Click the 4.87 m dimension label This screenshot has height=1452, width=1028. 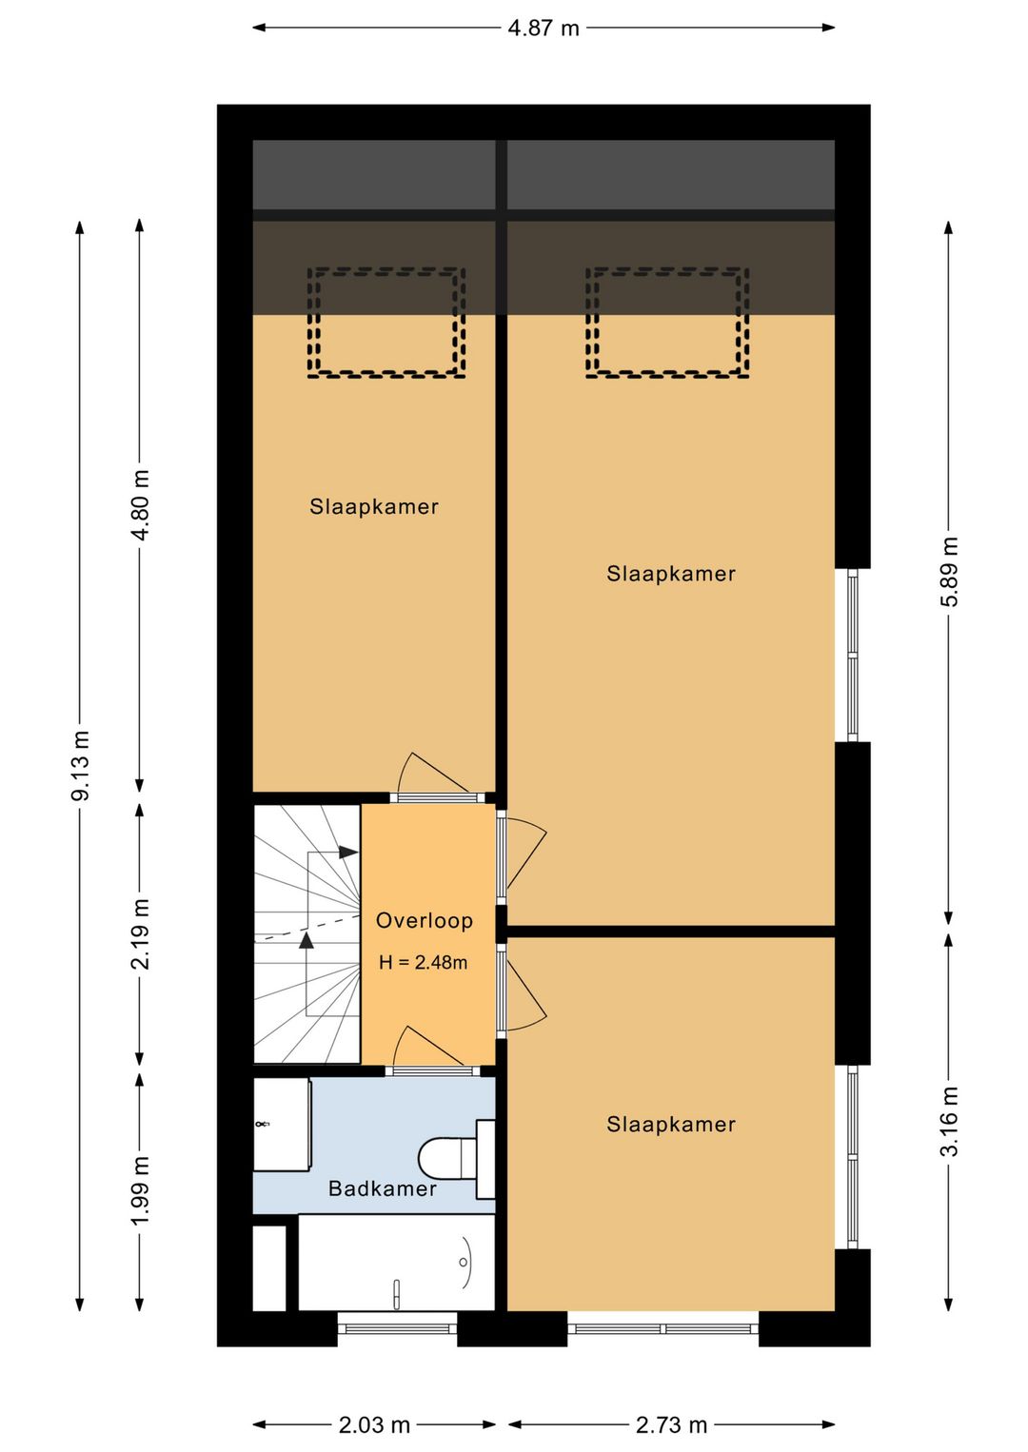[x=543, y=29]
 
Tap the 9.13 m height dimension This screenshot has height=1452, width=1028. [x=80, y=765]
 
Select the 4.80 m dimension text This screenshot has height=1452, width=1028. [x=140, y=505]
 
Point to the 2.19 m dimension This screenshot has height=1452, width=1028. [x=140, y=933]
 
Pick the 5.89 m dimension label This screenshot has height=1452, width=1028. [x=948, y=572]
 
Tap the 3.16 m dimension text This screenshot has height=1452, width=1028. [x=948, y=1122]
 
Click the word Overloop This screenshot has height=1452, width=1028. [x=425, y=920]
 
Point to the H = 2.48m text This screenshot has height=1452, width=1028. [x=423, y=962]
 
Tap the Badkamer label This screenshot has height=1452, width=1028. [x=382, y=1188]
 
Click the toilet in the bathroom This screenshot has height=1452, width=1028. [x=456, y=1159]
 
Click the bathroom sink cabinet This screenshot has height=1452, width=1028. [x=281, y=1124]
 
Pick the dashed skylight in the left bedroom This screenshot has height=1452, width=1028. [x=386, y=323]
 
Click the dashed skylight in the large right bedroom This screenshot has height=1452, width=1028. [x=667, y=323]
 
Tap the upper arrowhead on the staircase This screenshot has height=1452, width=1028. [x=349, y=852]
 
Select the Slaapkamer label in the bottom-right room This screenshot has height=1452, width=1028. [x=671, y=1124]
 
